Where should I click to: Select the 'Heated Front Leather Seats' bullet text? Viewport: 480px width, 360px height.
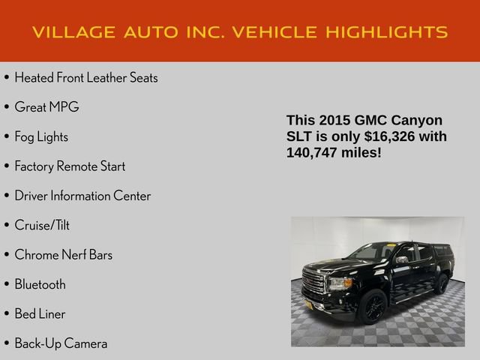pyautogui.click(x=85, y=77)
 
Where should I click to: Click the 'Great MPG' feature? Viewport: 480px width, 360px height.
pyautogui.click(x=46, y=107)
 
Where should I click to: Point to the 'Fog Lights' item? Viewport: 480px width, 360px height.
pyautogui.click(x=41, y=136)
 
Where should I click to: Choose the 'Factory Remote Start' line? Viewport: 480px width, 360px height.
pyautogui.click(x=70, y=166)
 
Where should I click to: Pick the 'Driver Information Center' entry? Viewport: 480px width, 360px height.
pyautogui.click(x=82, y=196)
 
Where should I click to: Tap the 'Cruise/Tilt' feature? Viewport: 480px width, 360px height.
pyautogui.click(x=42, y=225)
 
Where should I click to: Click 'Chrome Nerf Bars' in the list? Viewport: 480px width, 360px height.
pyautogui.click(x=64, y=255)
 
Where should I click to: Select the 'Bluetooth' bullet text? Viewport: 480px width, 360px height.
pyautogui.click(x=40, y=284)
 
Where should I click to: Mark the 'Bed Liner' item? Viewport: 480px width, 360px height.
pyautogui.click(x=40, y=313)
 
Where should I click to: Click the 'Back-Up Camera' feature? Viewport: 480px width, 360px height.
pyautogui.click(x=61, y=343)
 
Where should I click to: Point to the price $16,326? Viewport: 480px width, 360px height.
pyautogui.click(x=394, y=136)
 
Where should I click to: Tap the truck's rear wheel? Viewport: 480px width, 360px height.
pyautogui.click(x=441, y=283)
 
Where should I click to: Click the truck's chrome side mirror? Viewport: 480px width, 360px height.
pyautogui.click(x=402, y=260)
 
